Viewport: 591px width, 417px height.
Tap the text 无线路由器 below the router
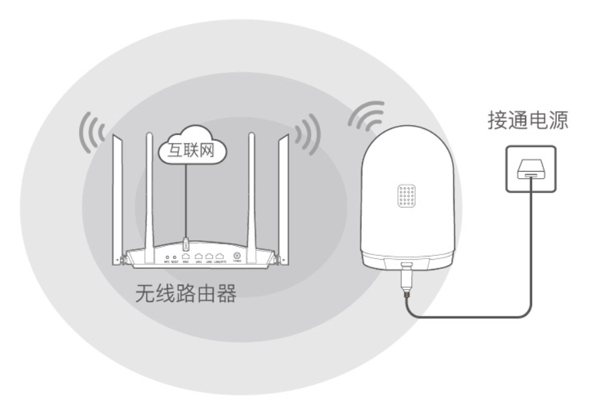pyautogui.click(x=185, y=295)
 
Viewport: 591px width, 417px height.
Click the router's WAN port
pyautogui.click(x=186, y=258)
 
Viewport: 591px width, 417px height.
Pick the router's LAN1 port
pyautogui.click(x=198, y=258)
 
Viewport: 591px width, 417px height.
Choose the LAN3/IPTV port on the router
pyautogui.click(x=220, y=258)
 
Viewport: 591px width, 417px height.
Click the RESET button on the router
pyautogui.click(x=174, y=258)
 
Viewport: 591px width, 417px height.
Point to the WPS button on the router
pyautogui.click(x=168, y=258)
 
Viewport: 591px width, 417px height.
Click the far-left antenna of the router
pyautogui.click(x=117, y=189)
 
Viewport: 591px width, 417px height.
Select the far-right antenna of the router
pyautogui.click(x=283, y=189)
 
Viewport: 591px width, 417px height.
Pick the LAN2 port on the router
pyautogui.click(x=209, y=258)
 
